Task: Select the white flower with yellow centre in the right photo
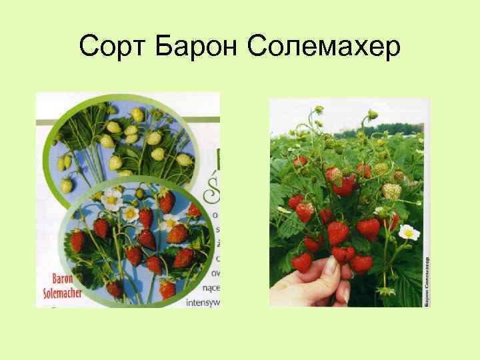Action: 409,233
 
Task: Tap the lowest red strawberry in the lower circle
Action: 167,289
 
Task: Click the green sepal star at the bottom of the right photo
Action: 386,291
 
